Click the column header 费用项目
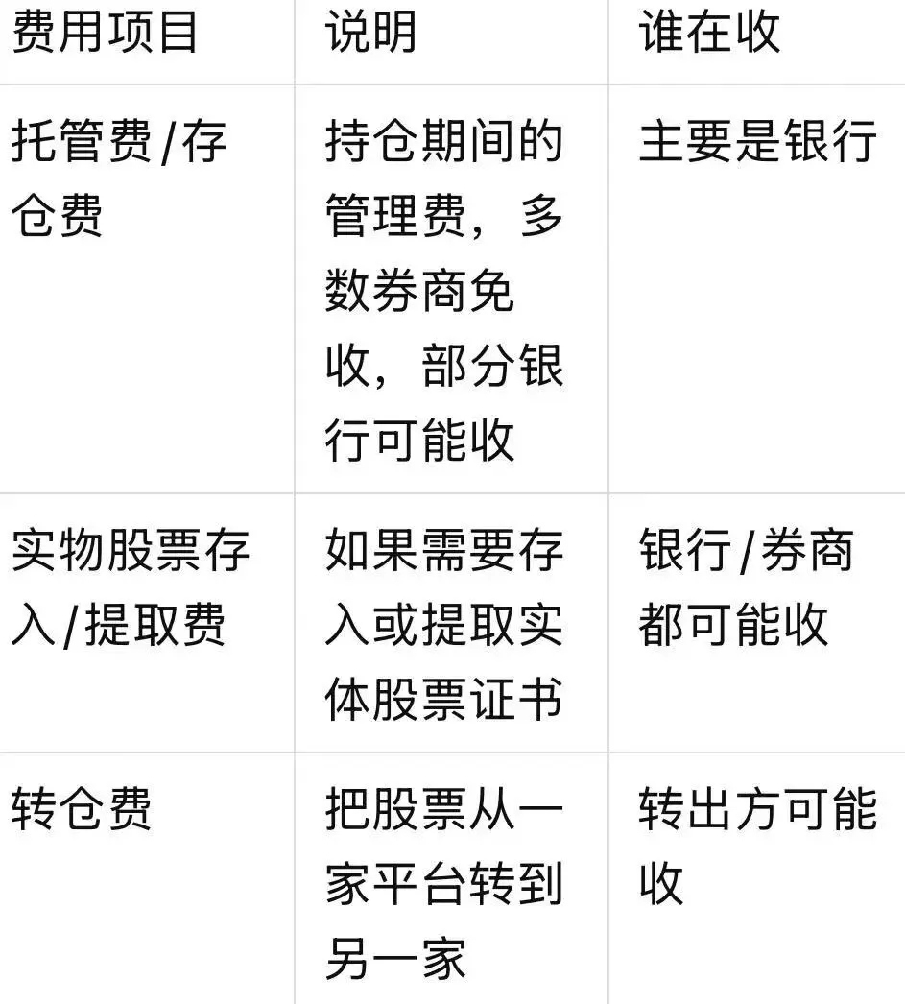point(105,32)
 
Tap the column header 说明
point(371,32)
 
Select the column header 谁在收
point(709,32)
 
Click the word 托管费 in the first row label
point(82,142)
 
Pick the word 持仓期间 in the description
point(419,142)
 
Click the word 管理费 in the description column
point(395,216)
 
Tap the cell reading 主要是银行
point(757,142)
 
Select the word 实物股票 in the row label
point(107,551)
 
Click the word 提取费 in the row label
point(155,625)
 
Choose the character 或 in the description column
point(395,625)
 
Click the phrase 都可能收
point(733,625)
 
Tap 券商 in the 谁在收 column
point(806,551)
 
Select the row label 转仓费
point(82,809)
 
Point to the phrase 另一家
point(395,957)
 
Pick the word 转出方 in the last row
point(709,809)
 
